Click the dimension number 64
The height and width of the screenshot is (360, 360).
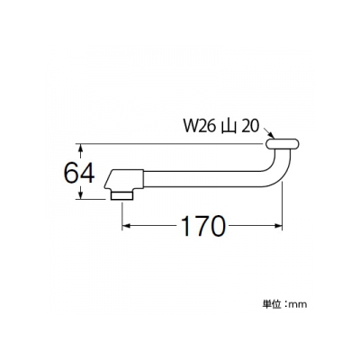pos(79,174)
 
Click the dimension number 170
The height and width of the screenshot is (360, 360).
pos(203,226)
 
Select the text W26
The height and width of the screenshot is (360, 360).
pos(200,127)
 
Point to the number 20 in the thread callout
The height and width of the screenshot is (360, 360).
pos(249,127)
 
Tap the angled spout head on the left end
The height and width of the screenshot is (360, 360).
pos(124,180)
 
